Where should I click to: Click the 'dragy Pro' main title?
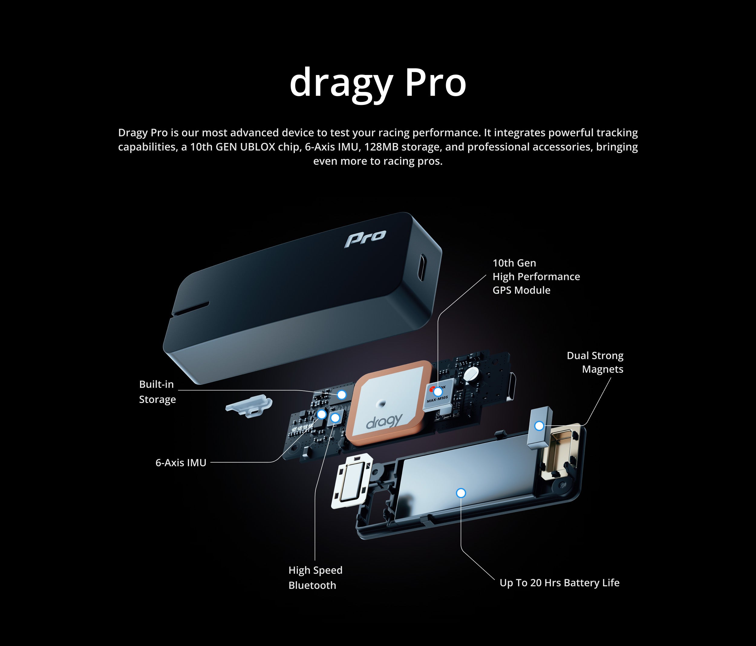tap(378, 83)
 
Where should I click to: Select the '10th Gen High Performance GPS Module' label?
tap(536, 277)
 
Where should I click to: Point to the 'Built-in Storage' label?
tap(157, 392)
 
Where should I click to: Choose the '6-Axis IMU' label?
tap(181, 463)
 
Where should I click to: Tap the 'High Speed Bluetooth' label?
tap(315, 577)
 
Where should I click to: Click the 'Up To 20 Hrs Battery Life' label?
tap(559, 583)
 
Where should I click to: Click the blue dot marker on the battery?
tap(461, 493)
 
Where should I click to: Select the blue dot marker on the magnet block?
tap(539, 426)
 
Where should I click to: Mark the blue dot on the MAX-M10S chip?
tap(438, 392)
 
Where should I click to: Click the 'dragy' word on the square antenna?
tap(385, 421)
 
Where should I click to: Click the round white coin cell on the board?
tap(471, 374)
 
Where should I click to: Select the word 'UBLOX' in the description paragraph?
tap(257, 147)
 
